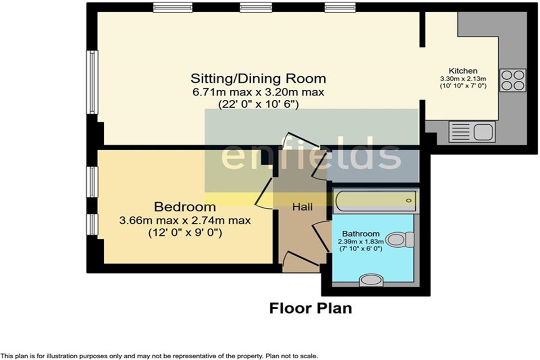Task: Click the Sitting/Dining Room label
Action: coord(258,78)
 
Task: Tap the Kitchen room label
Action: coord(463,71)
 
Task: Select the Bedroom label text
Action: coord(185,207)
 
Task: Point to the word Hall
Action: coord(302,207)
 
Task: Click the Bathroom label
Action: coord(361,234)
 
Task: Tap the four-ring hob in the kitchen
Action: coord(513,80)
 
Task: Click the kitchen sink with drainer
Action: coord(472,132)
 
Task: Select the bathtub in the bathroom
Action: coord(375,201)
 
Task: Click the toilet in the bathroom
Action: coord(400,239)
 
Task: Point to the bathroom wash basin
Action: coord(371,280)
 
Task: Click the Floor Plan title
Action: coord(310,309)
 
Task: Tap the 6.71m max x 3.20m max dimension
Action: coord(258,92)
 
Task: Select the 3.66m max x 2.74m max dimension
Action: coord(185,220)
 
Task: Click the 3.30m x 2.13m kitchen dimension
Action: coord(463,78)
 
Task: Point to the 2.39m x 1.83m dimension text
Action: coord(361,241)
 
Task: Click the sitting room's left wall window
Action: coord(92,82)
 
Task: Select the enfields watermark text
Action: coord(311,154)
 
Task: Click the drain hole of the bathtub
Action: coord(409,201)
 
